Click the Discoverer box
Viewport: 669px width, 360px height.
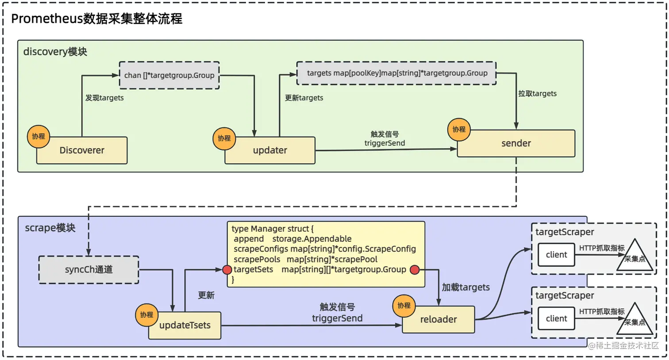[82, 150]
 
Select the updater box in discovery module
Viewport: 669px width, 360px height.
[270, 150]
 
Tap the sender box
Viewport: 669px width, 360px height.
[516, 143]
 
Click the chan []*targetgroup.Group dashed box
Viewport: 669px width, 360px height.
[169, 75]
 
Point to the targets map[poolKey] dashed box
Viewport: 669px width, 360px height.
[396, 73]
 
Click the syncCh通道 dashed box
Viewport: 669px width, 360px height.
[88, 269]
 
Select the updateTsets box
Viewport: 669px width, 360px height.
[185, 325]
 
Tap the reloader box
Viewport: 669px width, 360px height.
[438, 319]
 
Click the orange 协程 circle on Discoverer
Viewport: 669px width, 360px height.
[38, 136]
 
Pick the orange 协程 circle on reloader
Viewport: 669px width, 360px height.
[404, 306]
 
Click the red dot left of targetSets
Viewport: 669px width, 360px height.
[227, 270]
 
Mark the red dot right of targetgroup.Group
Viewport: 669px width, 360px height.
[415, 270]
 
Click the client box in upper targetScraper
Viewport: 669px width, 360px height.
[556, 255]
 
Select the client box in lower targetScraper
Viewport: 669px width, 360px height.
[556, 318]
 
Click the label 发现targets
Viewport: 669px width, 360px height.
[104, 98]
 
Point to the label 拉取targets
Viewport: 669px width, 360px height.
[537, 93]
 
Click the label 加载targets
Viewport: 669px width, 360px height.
[465, 287]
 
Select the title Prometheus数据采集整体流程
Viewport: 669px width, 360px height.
[96, 19]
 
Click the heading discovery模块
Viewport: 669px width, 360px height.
[55, 52]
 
